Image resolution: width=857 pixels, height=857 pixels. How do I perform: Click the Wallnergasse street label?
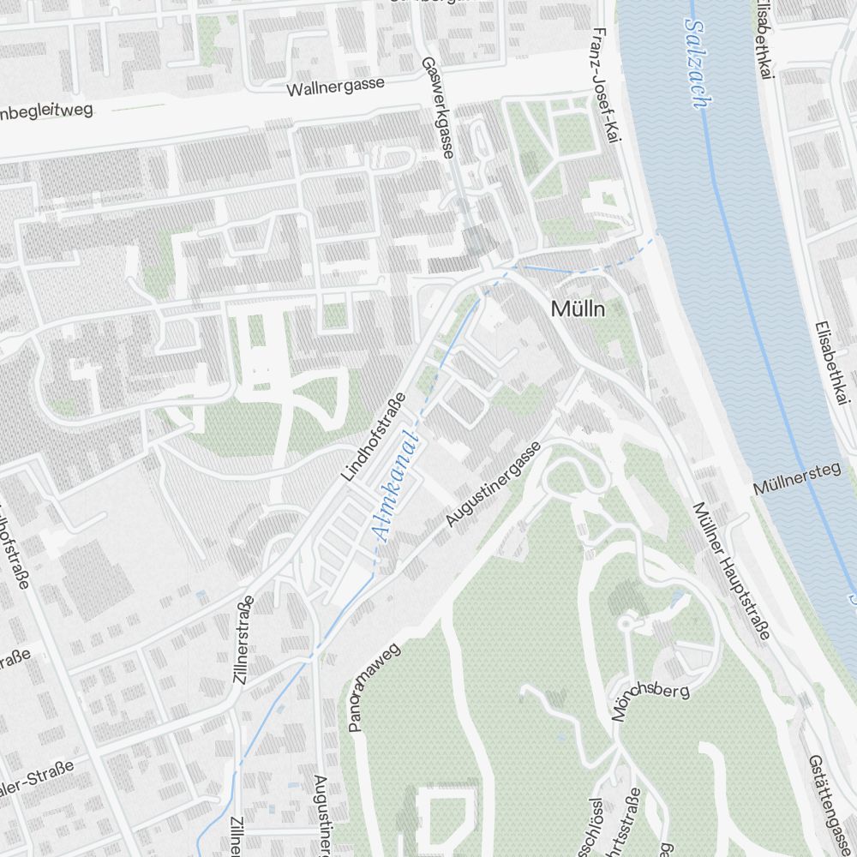[x=335, y=87]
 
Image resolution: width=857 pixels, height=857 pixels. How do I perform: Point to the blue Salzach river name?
[x=695, y=63]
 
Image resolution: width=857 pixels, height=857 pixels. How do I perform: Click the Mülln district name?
[x=578, y=309]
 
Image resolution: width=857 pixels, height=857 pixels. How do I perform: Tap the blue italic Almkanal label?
[x=395, y=488]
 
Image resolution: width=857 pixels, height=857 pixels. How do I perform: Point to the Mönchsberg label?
[x=650, y=702]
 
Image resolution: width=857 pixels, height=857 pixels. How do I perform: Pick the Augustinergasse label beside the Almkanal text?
[x=492, y=484]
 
